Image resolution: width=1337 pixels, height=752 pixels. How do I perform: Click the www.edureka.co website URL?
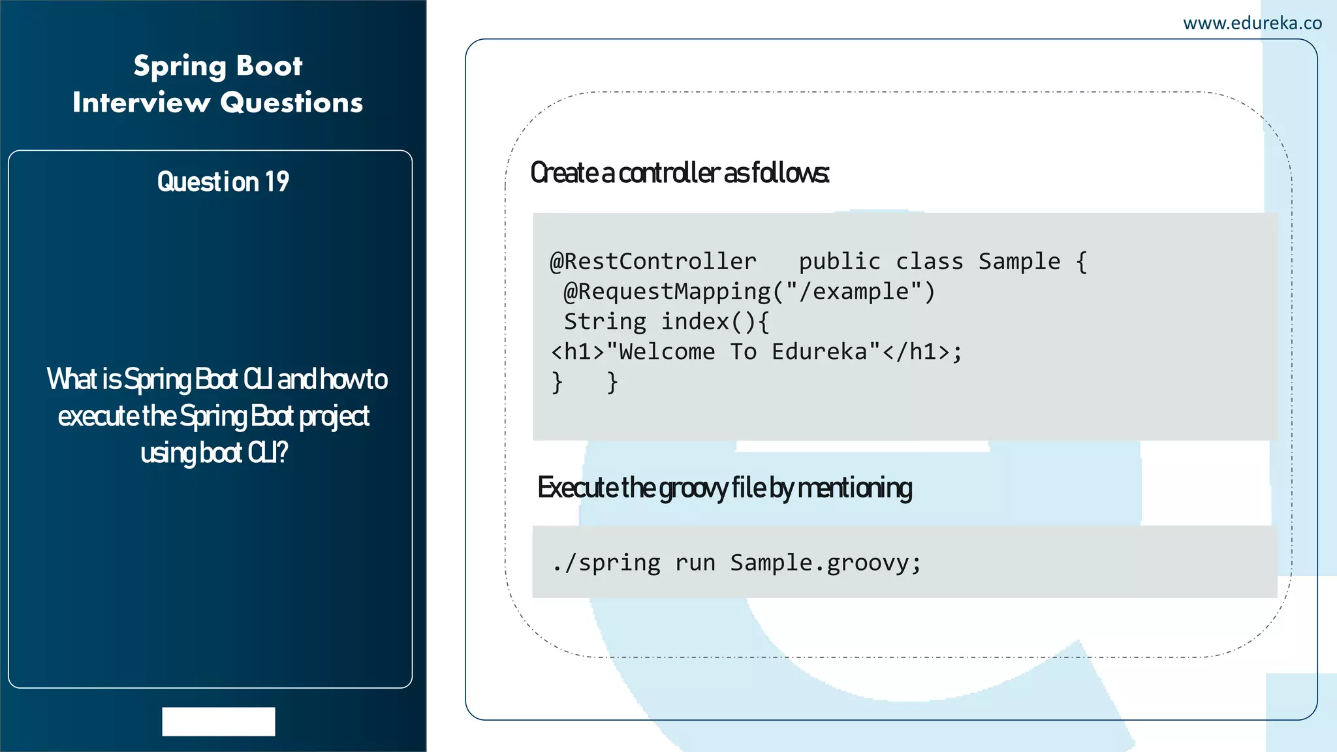pos(1251,23)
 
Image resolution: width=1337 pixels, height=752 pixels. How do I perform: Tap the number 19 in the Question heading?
pos(277,182)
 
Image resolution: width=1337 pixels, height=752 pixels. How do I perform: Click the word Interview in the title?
pos(141,102)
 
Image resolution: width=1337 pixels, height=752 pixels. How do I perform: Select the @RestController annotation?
pos(653,262)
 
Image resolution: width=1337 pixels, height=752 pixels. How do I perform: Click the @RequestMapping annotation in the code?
pos(667,292)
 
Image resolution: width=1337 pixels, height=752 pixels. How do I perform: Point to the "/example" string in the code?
pos(855,292)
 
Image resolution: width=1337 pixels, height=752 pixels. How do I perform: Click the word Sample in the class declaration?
pos(1019,262)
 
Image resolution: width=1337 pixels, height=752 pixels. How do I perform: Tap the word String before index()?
pos(605,322)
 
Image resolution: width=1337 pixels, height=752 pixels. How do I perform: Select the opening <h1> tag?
pos(578,352)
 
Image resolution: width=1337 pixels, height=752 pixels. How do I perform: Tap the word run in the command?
pos(695,563)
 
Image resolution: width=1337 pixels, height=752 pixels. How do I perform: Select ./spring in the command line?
pos(606,563)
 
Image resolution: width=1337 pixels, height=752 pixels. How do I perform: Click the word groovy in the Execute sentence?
pos(693,488)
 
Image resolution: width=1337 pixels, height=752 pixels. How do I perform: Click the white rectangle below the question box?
pos(218,721)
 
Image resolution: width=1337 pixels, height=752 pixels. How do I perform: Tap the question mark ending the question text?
pos(281,452)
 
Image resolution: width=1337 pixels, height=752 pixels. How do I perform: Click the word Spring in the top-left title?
pos(180,67)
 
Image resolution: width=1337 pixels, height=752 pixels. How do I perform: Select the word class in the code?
pos(929,262)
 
